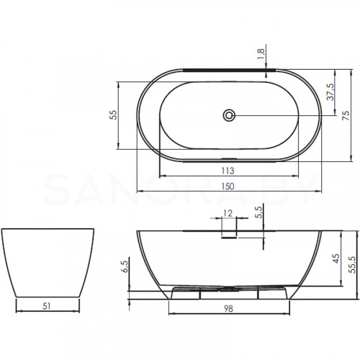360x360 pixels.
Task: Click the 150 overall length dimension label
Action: (x=228, y=186)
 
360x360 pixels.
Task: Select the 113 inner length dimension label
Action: (x=228, y=171)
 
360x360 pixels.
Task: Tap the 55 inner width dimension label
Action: (x=113, y=115)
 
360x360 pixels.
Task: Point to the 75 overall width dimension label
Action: (x=346, y=115)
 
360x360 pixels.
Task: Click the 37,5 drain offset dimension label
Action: (x=330, y=92)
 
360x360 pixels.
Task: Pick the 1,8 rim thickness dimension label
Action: (x=261, y=54)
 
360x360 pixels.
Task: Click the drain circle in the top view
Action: (x=229, y=115)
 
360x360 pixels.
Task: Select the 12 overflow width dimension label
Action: (x=228, y=213)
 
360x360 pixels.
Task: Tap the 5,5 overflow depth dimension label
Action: (x=259, y=212)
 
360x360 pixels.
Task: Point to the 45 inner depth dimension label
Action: (x=336, y=258)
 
